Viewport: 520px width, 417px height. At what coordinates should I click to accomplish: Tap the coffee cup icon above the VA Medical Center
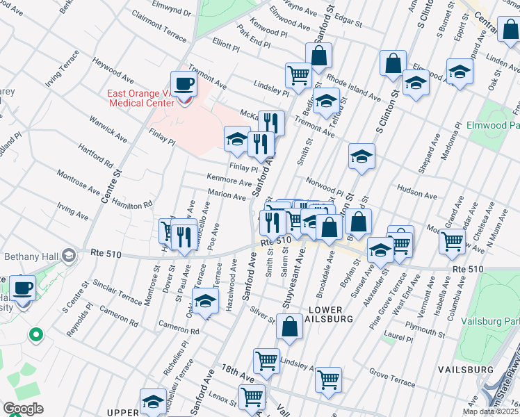184,85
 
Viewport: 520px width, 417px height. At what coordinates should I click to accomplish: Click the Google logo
22,409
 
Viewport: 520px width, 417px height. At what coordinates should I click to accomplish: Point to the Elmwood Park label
494,125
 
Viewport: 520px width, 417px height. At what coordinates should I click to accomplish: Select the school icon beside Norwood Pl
361,158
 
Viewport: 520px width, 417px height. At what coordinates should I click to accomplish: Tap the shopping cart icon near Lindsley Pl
298,74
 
